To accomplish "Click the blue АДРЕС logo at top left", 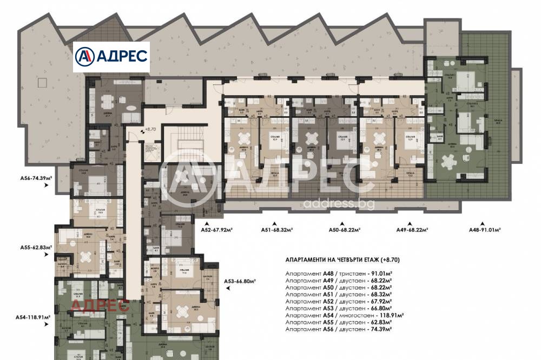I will tap(111, 57).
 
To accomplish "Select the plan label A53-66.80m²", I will tap(240, 281).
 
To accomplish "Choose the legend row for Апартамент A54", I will tap(345, 315).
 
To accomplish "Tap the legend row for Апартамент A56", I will tap(338, 329).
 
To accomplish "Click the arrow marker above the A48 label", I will tap(483, 223).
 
